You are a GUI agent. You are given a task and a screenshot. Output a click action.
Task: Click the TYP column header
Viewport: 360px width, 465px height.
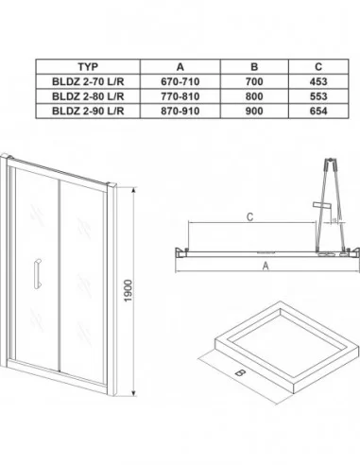click(x=88, y=67)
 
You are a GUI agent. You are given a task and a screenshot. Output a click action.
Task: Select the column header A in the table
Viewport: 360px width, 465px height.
click(x=180, y=67)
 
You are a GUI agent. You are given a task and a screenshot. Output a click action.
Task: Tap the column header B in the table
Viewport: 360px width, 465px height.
click(x=254, y=67)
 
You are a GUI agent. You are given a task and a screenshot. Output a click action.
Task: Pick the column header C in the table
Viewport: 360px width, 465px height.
click(x=318, y=67)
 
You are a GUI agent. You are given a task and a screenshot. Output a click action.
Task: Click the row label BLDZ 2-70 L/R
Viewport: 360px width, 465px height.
click(x=88, y=81)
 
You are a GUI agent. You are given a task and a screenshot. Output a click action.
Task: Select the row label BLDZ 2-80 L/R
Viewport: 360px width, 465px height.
click(x=88, y=96)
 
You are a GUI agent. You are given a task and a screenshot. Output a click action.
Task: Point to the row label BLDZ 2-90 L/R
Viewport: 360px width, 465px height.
click(x=88, y=111)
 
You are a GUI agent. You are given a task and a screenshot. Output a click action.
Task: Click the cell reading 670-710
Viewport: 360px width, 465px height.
click(x=180, y=81)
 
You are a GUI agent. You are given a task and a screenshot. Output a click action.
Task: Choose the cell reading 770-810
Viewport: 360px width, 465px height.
click(x=180, y=96)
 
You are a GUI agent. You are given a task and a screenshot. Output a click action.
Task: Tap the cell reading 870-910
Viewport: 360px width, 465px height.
click(x=180, y=111)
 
